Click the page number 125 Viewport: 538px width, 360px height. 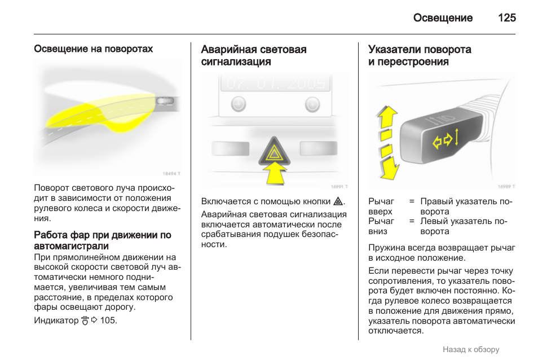(x=506, y=18)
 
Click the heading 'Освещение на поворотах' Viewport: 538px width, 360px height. (x=93, y=49)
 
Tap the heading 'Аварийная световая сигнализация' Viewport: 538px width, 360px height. (x=254, y=55)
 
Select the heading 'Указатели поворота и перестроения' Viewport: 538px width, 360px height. (x=420, y=55)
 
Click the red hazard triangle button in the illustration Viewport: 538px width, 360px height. (x=274, y=151)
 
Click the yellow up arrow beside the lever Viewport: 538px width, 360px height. (x=386, y=120)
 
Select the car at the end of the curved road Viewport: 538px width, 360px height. (x=165, y=101)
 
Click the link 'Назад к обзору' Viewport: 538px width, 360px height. (x=471, y=350)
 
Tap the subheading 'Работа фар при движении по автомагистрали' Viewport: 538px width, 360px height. (x=103, y=240)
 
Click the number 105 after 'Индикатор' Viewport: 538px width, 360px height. (x=108, y=321)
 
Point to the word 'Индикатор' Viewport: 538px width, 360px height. (x=56, y=321)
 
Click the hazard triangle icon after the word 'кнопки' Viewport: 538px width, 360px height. (x=338, y=201)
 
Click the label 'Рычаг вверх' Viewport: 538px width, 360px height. (x=381, y=207)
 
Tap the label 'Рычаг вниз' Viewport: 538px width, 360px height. (x=381, y=226)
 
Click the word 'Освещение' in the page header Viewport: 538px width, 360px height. (x=443, y=18)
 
